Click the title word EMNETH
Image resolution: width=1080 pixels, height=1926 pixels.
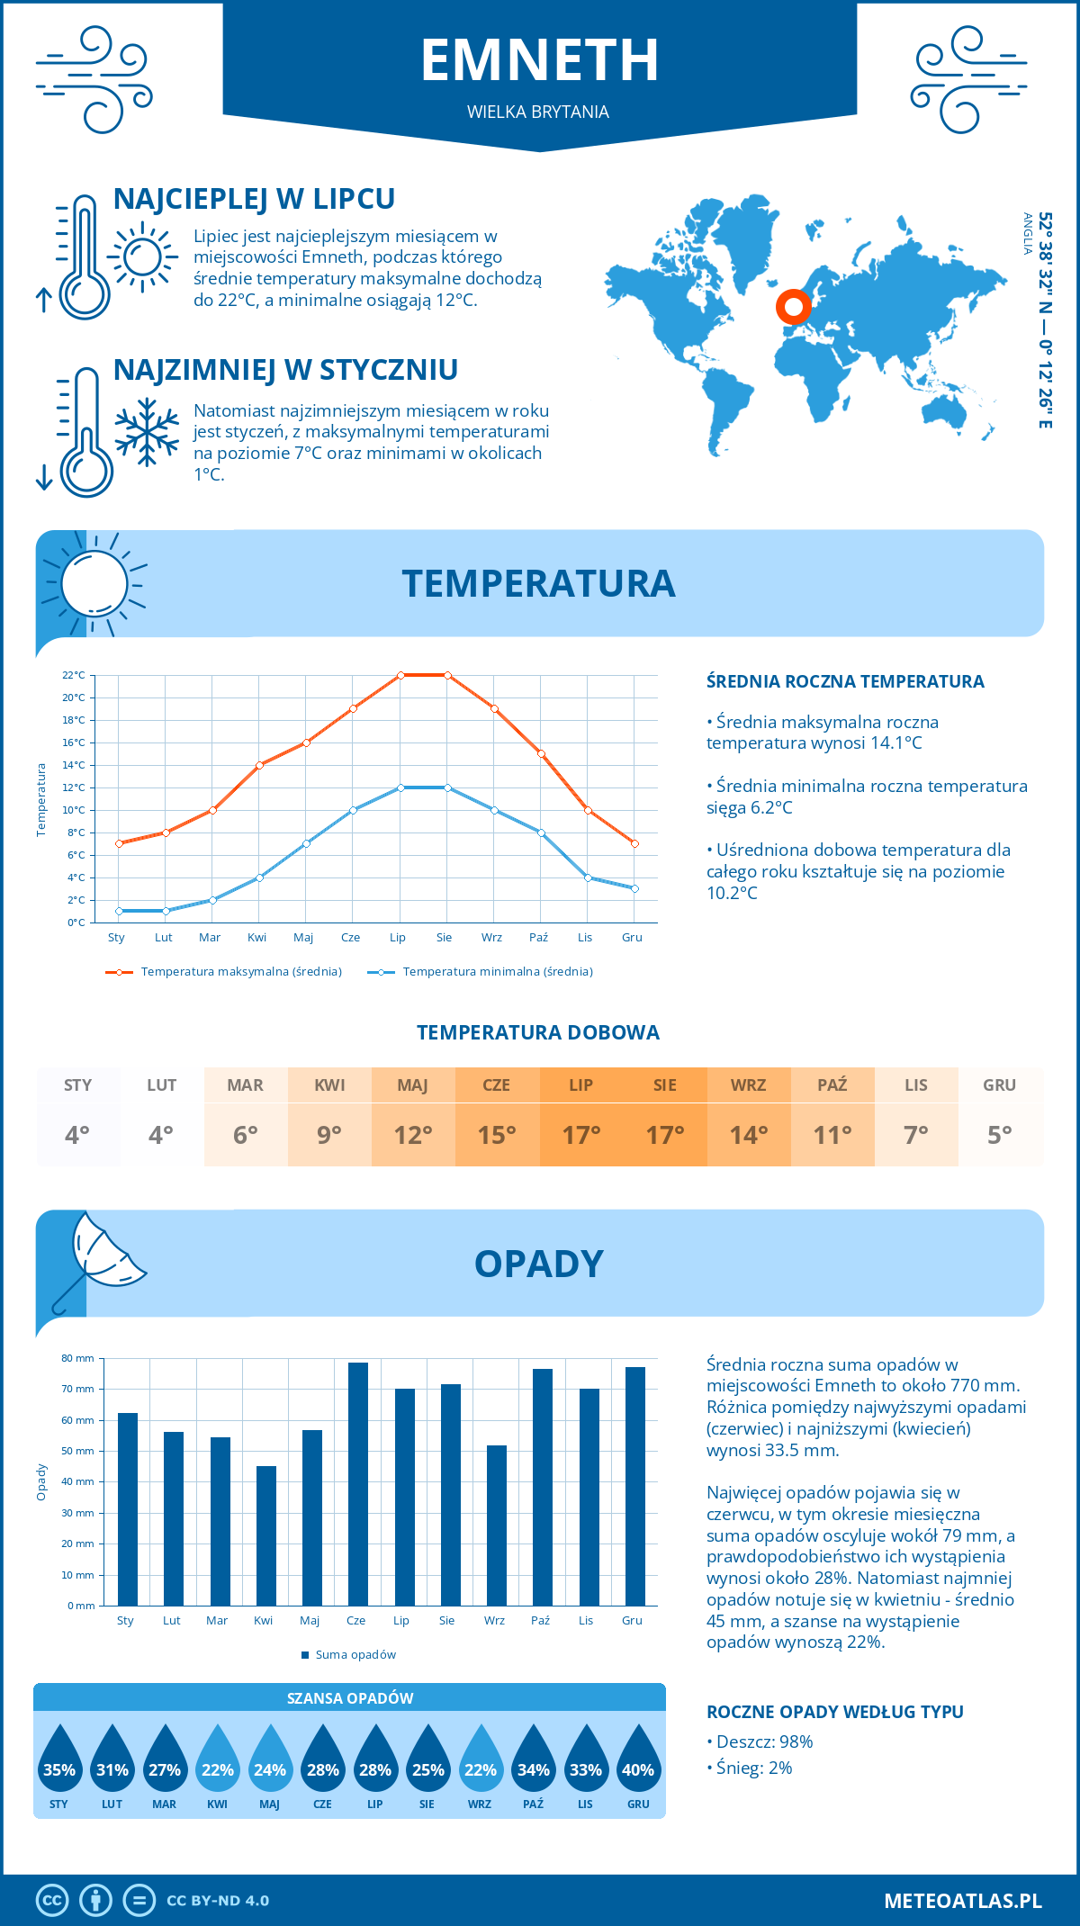tap(540, 60)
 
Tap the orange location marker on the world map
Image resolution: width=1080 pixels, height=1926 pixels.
tap(793, 307)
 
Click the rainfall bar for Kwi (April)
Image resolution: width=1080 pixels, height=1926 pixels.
tap(265, 1535)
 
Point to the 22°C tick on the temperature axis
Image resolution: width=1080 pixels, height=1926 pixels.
tap(74, 675)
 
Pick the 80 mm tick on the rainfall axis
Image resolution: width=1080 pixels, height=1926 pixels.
tap(77, 1358)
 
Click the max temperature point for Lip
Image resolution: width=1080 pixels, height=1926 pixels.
tap(400, 675)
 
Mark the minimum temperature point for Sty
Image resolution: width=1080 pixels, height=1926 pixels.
tap(119, 911)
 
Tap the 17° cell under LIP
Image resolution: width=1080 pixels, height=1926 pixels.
tap(580, 1135)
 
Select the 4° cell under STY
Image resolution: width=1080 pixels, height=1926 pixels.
tap(77, 1135)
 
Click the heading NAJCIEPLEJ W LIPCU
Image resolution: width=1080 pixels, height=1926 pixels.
tap(254, 199)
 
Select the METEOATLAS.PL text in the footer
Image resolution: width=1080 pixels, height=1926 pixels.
tap(962, 1900)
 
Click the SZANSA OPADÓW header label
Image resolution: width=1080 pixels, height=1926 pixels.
tap(350, 1698)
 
